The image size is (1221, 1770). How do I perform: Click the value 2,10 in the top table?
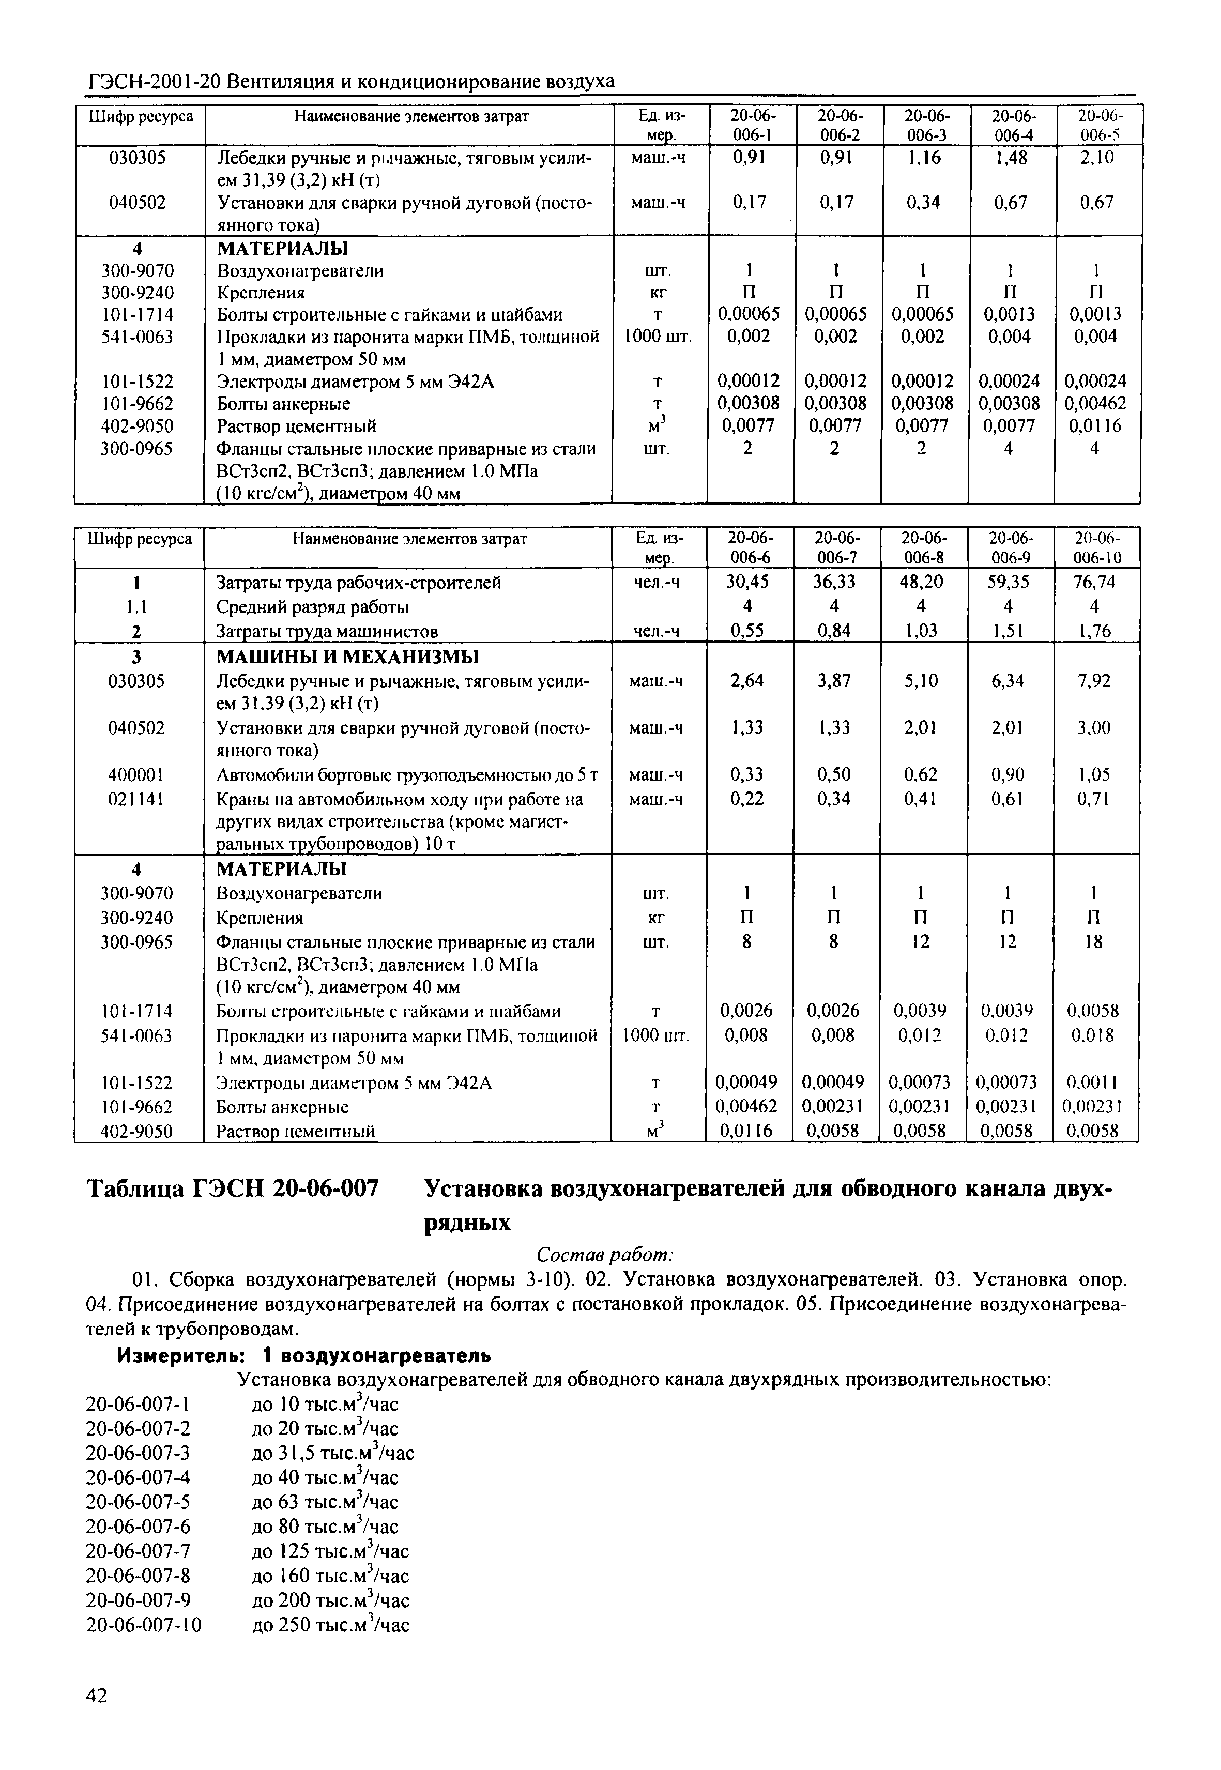1097,158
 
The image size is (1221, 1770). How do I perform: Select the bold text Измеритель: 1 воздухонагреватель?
303,1355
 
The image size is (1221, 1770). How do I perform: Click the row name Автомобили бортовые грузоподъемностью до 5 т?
407,775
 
